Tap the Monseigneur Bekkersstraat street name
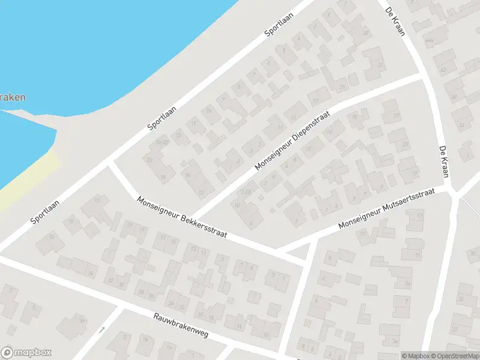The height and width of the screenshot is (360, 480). coord(181,217)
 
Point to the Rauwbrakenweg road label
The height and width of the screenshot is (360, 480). coord(181,325)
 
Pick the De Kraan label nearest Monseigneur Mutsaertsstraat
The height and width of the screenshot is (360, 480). coord(444,161)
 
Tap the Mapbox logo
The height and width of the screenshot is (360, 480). coord(26,353)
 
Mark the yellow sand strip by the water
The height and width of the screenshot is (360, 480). coord(24,180)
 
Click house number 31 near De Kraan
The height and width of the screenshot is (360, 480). coord(380,65)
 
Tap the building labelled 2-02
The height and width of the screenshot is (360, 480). coord(245,191)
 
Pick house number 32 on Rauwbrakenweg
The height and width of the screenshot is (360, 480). coord(110,280)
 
